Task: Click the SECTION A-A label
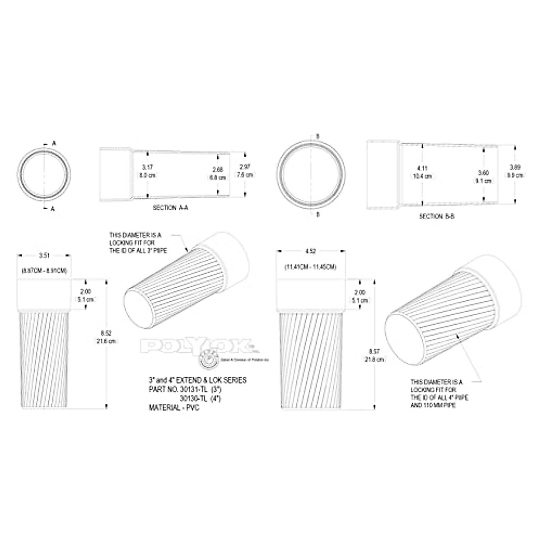pos(170,208)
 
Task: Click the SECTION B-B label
pos(437,216)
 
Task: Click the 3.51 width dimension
pos(44,256)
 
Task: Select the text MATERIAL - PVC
pos(174,407)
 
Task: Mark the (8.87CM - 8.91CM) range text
pos(44,271)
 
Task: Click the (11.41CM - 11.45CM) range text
pos(310,267)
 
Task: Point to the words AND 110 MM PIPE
pos(433,406)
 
